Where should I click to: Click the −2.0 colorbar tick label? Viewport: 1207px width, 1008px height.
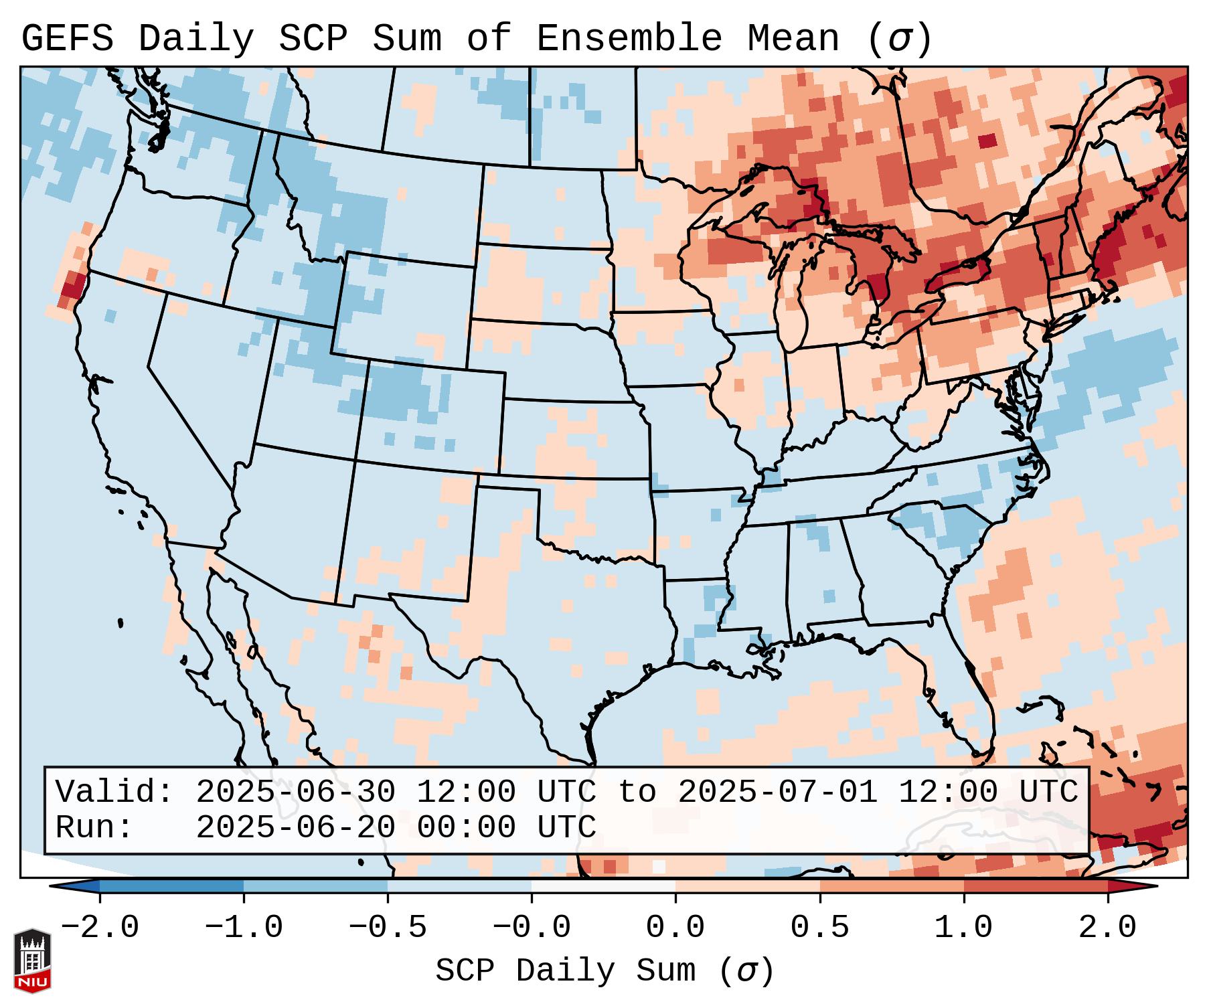[x=100, y=928]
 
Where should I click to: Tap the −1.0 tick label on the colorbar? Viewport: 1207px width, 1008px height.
[x=244, y=928]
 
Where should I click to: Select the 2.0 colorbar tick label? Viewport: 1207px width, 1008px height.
[x=1108, y=928]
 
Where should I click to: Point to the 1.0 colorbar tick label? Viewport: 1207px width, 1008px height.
[x=964, y=928]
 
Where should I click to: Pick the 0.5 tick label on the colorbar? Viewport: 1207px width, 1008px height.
[x=820, y=928]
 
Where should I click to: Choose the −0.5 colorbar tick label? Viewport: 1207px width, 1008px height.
[x=388, y=928]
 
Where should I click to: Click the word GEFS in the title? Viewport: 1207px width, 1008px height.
[x=67, y=39]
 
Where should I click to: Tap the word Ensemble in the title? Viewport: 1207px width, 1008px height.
[x=629, y=39]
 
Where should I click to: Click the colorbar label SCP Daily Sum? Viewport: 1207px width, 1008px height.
[x=566, y=971]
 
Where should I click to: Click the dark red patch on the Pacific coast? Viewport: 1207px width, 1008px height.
[x=72, y=289]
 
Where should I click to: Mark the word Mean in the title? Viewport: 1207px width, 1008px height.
[x=793, y=39]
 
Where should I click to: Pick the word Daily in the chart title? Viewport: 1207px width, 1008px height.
[x=196, y=39]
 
